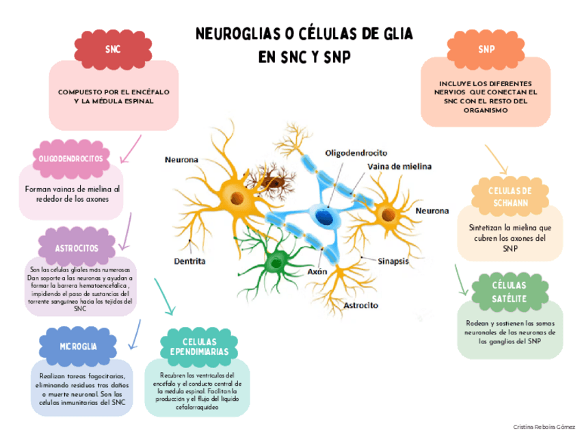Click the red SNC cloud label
(111, 49)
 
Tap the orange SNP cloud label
(486, 49)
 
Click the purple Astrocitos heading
(77, 247)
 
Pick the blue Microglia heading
(77, 346)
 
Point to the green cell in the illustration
(277, 260)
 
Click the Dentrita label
(190, 261)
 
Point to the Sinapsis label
(393, 261)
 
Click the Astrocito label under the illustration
(361, 305)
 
